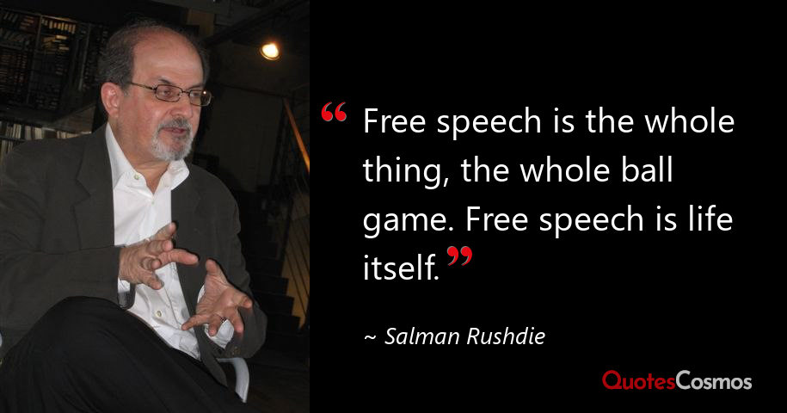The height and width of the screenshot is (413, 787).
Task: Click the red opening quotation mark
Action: click(334, 114)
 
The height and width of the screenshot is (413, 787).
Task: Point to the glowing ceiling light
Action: click(270, 50)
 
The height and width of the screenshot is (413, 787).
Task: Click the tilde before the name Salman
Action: click(370, 337)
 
